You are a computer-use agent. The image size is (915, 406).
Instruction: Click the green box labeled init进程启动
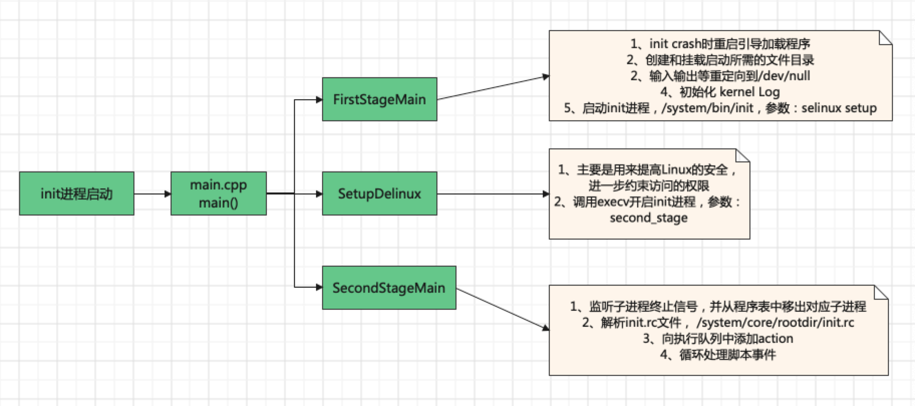click(x=76, y=193)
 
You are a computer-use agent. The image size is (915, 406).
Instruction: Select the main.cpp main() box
click(x=218, y=193)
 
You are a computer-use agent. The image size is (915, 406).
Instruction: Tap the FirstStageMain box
click(x=379, y=99)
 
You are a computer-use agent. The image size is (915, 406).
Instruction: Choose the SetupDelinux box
click(x=379, y=193)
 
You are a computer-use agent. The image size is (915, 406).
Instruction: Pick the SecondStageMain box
click(x=389, y=288)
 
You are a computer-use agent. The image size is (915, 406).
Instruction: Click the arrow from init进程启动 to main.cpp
click(x=152, y=193)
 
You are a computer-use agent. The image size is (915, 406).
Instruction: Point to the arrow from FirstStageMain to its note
click(x=493, y=88)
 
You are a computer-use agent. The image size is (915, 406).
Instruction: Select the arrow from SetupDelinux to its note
click(x=493, y=193)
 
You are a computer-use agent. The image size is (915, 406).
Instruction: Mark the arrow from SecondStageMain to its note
click(x=502, y=309)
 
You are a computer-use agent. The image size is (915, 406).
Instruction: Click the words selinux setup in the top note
click(x=839, y=108)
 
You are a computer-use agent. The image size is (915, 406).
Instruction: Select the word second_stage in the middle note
click(x=649, y=218)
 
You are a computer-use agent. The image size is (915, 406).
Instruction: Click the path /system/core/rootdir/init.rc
click(x=775, y=322)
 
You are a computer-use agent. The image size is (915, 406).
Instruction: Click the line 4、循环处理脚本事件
click(x=718, y=354)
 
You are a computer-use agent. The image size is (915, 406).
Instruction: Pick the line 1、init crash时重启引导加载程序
click(x=720, y=44)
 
